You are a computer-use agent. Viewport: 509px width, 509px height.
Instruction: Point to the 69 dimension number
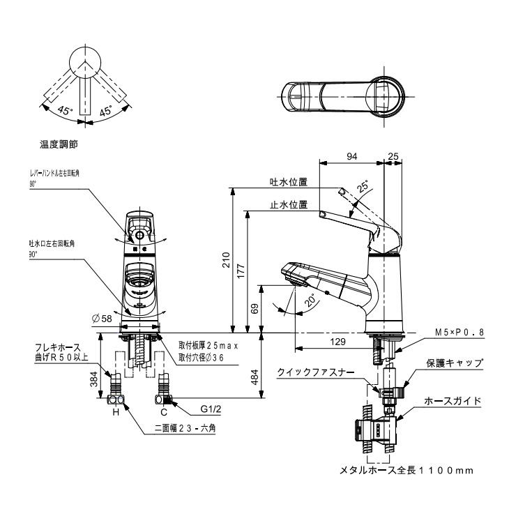[x=254, y=307]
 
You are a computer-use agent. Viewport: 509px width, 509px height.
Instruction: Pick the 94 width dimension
[x=351, y=158]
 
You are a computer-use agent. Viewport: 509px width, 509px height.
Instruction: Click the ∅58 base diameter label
[x=102, y=318]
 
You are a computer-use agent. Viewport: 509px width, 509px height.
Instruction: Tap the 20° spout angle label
[x=310, y=301]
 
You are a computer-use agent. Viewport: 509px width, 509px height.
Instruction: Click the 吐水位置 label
[x=289, y=181]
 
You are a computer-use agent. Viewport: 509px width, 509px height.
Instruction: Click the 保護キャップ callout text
[x=455, y=363]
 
